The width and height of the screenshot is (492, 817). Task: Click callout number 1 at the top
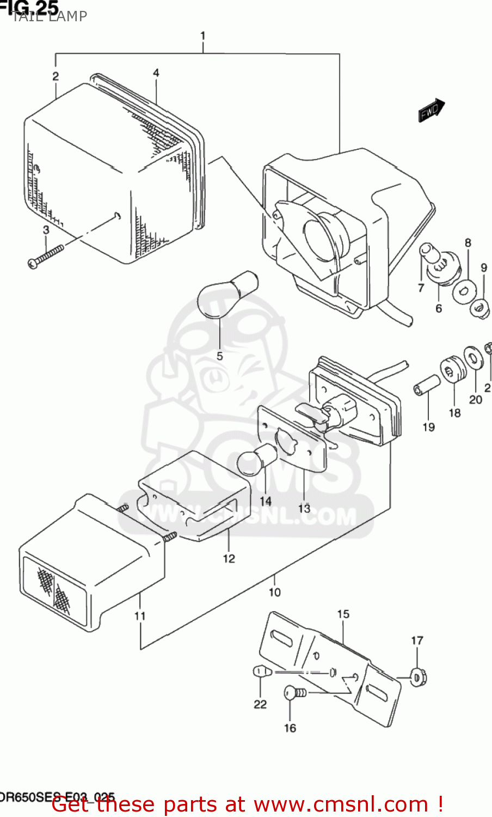202,36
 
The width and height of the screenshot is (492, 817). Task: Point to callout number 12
229,558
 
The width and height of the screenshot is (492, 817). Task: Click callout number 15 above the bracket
343,614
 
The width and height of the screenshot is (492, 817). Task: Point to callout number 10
274,592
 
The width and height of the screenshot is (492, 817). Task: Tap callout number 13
304,508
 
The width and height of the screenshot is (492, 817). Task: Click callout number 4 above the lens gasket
156,72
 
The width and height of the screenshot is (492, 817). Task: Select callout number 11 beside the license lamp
140,616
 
